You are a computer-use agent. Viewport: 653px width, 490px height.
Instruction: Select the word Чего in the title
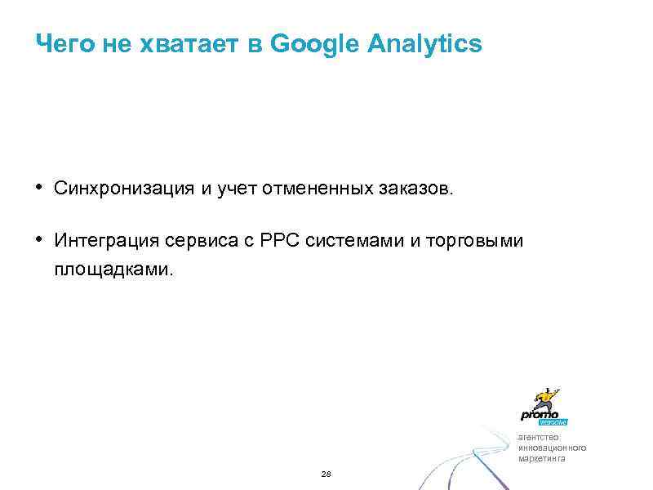(x=66, y=44)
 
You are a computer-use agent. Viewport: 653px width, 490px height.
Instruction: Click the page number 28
(x=326, y=474)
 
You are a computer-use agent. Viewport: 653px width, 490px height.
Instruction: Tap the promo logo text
(x=540, y=414)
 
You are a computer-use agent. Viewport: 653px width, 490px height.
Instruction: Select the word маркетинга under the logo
(x=541, y=458)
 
